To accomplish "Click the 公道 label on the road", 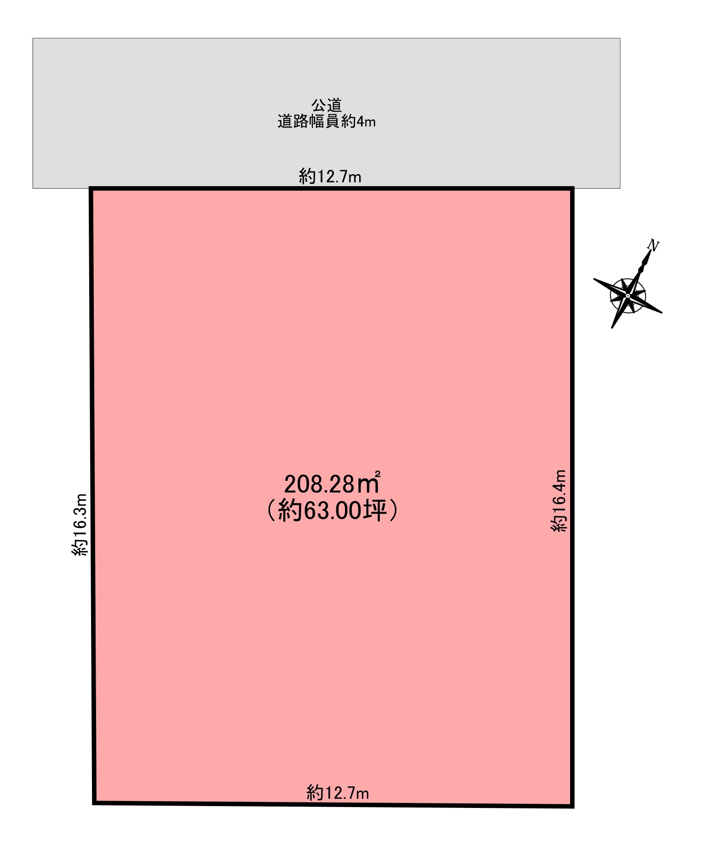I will click(x=327, y=106).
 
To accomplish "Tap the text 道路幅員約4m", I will click(x=326, y=122).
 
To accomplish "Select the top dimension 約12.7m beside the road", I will click(x=330, y=177).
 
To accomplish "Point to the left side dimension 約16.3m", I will click(x=80, y=524).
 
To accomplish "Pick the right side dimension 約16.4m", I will click(x=559, y=501).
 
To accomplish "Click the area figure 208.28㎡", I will click(x=332, y=484).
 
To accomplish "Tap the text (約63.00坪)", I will click(x=332, y=511).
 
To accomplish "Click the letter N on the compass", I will click(x=653, y=246).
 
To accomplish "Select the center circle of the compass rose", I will click(x=628, y=296).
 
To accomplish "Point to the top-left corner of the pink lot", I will click(x=91, y=188).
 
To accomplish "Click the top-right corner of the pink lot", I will click(x=572, y=188).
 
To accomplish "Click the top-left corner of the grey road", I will click(x=33, y=38).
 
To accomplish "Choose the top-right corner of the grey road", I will click(x=620, y=38).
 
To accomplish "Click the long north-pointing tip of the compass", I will click(x=650, y=251).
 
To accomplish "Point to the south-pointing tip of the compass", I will click(x=612, y=328).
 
